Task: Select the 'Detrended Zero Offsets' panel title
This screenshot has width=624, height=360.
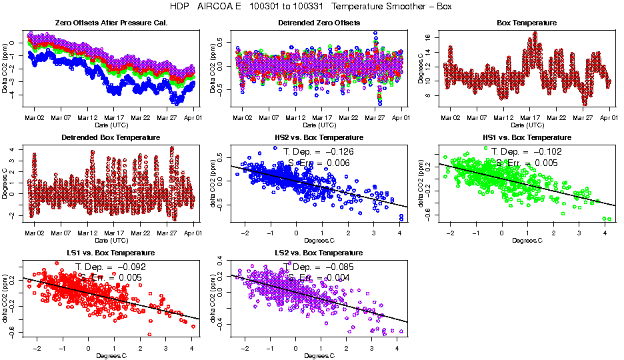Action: (319, 23)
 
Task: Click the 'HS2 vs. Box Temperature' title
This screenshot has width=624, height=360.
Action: (319, 137)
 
